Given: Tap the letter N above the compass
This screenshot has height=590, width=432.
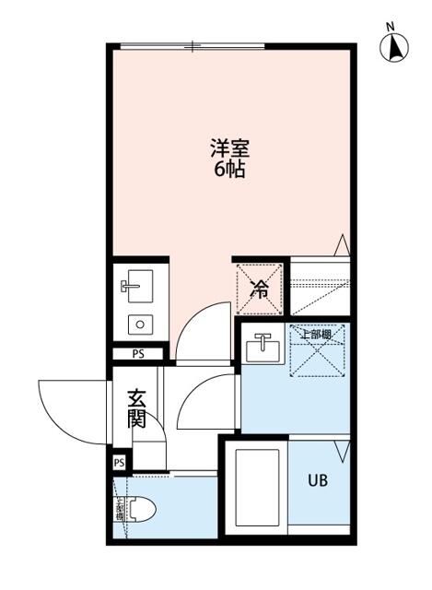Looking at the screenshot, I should pyautogui.click(x=391, y=26).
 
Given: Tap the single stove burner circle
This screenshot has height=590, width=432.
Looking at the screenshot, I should pyautogui.click(x=140, y=324).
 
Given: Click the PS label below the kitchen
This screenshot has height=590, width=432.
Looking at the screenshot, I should pyautogui.click(x=138, y=352).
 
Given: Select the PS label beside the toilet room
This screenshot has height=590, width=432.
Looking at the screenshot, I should pyautogui.click(x=119, y=462).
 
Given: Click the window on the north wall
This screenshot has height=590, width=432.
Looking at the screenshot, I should pyautogui.click(x=193, y=45).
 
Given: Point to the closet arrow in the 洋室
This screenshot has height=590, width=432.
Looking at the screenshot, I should pyautogui.click(x=342, y=245).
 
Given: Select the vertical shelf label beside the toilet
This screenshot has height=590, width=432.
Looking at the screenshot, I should pyautogui.click(x=119, y=510).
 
